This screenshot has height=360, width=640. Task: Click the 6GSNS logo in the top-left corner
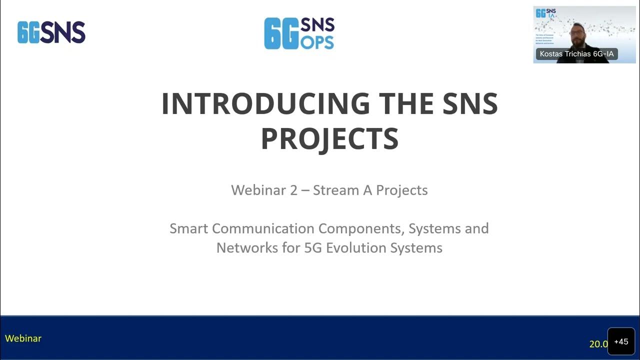tap(51, 32)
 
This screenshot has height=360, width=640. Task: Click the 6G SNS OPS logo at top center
tap(299, 33)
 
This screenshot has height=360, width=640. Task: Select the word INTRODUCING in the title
tap(265, 103)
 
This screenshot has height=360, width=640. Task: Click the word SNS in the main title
tap(470, 103)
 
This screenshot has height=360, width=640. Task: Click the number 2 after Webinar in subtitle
tap(294, 190)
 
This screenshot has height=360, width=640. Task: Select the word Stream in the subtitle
tap(331, 190)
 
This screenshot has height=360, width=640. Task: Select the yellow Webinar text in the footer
tap(23, 338)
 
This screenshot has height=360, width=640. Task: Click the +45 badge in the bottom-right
tap(621, 342)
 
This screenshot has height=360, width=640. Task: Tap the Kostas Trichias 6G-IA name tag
tap(576, 54)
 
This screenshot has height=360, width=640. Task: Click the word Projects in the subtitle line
tap(402, 190)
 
